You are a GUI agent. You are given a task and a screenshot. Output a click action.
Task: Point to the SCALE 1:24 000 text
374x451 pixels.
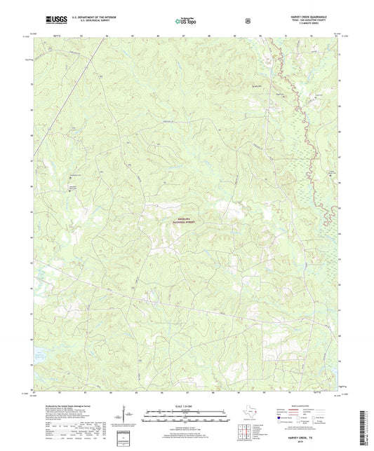186,407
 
